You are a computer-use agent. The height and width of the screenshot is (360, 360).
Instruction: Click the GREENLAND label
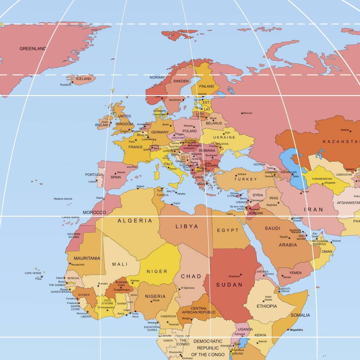pyautogui.click(x=33, y=48)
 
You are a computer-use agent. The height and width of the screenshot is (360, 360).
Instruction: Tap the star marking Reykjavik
pyautogui.click(x=73, y=82)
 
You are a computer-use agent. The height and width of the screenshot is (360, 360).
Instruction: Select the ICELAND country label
pyautogui.click(x=84, y=79)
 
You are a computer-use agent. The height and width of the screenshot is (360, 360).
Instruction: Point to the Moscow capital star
pyautogui.click(x=242, y=113)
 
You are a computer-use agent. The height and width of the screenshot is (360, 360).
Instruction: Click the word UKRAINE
pyautogui.click(x=224, y=137)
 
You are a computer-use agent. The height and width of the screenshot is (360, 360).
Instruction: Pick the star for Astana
pyautogui.click(x=350, y=131)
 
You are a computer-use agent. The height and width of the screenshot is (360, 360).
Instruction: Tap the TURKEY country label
pyautogui.click(x=246, y=179)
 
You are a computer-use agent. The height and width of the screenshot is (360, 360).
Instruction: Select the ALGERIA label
pyautogui.click(x=135, y=221)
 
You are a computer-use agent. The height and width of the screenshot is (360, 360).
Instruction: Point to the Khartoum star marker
pyautogui.click(x=241, y=274)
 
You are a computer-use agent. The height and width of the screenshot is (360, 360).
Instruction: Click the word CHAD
pyautogui.click(x=191, y=276)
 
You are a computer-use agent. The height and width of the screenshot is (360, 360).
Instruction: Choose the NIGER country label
pyautogui.click(x=157, y=271)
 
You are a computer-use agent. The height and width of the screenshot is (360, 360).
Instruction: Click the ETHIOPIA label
pyautogui.click(x=267, y=306)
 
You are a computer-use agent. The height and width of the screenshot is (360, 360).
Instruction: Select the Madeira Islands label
pyautogui.click(x=63, y=199)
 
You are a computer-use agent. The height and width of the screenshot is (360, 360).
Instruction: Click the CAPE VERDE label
pyautogui.click(x=33, y=273)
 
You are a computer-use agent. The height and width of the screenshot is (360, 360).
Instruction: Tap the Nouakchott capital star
pyautogui.click(x=70, y=263)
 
